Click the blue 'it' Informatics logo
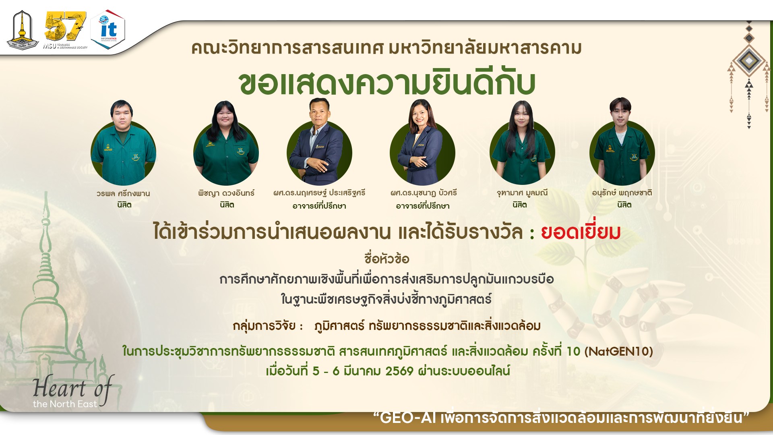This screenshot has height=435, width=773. click(108, 29)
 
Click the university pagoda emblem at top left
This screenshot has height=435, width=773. click(22, 30)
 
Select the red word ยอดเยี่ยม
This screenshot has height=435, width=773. click(580, 232)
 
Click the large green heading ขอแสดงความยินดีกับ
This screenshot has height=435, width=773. click(386, 84)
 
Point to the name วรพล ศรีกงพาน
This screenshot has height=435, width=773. click(123, 193)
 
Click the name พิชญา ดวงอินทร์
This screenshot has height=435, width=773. click(226, 193)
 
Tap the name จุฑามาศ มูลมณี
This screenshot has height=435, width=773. click(522, 193)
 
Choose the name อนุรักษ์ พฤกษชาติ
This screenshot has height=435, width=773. click(622, 193)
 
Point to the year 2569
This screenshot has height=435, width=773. click(399, 371)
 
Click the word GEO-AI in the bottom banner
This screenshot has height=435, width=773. click(407, 418)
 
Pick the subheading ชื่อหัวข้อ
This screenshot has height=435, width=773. click(386, 259)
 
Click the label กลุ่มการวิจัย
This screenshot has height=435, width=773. click(264, 326)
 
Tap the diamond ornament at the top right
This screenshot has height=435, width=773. click(748, 60)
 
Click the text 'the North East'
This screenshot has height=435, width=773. click(65, 404)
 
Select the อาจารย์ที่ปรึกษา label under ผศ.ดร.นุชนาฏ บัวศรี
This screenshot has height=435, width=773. click(422, 206)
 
